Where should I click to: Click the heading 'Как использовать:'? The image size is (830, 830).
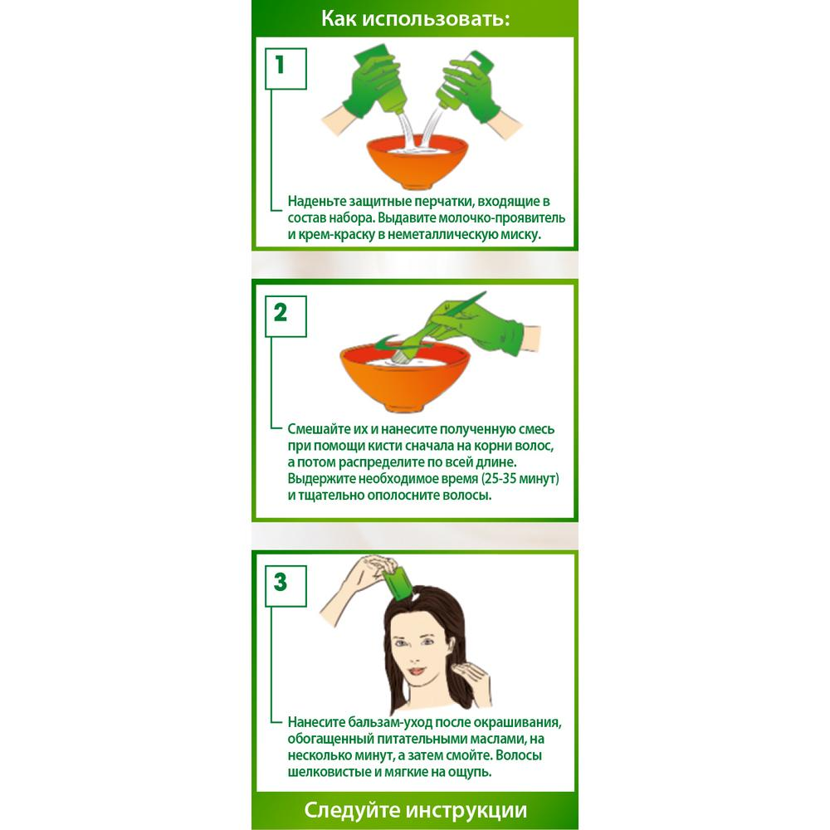415,19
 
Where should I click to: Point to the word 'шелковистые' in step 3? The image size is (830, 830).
325,772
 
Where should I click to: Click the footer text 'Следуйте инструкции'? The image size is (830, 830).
415,809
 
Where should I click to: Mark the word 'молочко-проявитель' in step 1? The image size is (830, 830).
498,218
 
